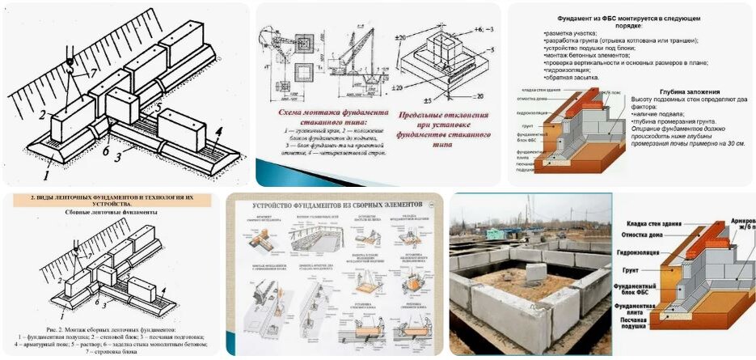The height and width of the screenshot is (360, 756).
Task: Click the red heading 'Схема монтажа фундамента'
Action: click(x=324, y=112)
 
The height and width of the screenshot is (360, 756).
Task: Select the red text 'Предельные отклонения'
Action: click(x=437, y=116)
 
